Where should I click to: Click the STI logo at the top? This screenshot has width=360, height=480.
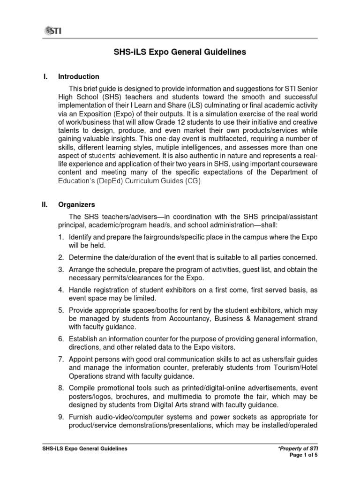click(53, 31)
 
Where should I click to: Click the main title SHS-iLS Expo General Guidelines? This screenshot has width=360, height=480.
click(180, 52)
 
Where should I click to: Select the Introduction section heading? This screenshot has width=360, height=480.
click(78, 76)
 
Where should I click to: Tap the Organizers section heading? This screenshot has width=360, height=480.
click(76, 204)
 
